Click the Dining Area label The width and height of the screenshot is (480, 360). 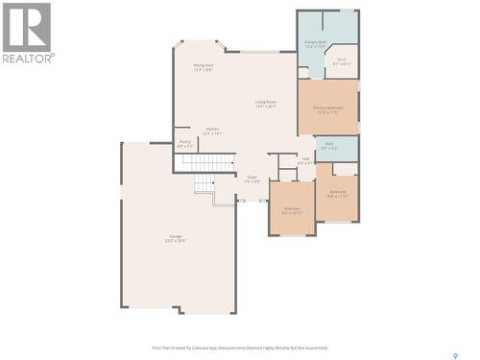[x=203, y=65]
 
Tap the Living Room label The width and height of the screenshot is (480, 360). [x=266, y=101]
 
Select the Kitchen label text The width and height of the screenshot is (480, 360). [x=212, y=129]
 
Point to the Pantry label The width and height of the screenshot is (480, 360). [x=184, y=142]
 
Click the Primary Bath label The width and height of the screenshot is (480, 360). [x=316, y=42]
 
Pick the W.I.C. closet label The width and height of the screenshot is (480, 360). [x=343, y=59]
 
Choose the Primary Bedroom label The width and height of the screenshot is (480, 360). [x=328, y=108]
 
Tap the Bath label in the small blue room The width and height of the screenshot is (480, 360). [x=328, y=144]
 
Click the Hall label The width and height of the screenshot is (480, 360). [x=305, y=158]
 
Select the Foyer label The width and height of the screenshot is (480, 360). [x=252, y=177]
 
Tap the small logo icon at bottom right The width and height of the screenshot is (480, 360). [x=454, y=330]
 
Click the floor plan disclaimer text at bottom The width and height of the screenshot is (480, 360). [x=239, y=349]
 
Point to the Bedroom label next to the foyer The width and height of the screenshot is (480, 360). [x=292, y=208]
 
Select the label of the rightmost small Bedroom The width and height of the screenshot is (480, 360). [x=338, y=191]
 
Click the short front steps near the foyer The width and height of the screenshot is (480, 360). [x=204, y=184]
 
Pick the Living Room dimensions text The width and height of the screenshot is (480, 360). [x=266, y=106]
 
